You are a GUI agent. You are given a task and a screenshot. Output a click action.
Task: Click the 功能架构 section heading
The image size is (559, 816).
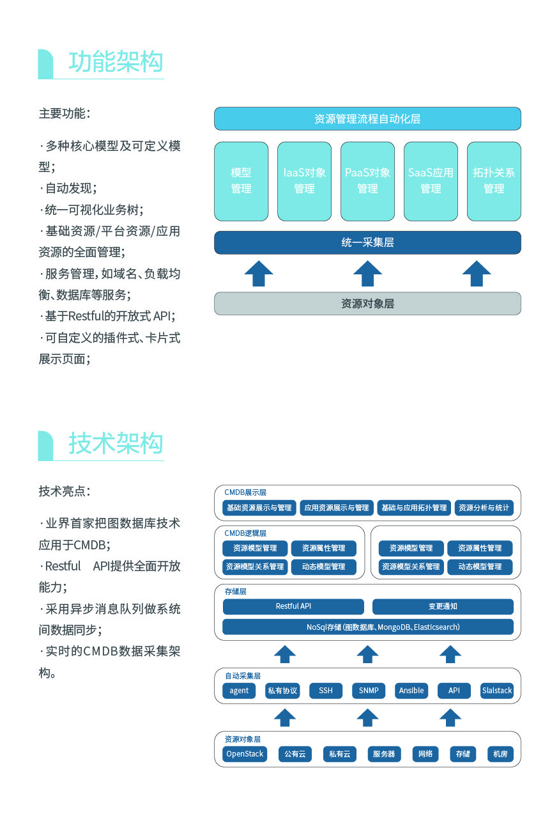pyautogui.click(x=116, y=62)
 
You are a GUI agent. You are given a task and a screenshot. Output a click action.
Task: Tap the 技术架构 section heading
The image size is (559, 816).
pyautogui.click(x=116, y=443)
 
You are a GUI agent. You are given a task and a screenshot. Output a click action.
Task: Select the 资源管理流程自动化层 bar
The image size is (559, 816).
pyautogui.click(x=367, y=119)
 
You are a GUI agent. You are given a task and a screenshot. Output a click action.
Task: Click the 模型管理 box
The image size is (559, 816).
pyautogui.click(x=241, y=181)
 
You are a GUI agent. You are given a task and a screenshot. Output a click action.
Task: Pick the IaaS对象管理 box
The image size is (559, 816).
pyautogui.click(x=304, y=181)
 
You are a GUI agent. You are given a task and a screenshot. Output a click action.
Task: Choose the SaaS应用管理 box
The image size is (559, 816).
pyautogui.click(x=431, y=181)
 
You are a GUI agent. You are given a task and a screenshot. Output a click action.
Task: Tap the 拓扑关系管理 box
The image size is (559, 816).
pyautogui.click(x=494, y=181)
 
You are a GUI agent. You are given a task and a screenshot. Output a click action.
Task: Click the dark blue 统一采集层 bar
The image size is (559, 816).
pyautogui.click(x=367, y=242)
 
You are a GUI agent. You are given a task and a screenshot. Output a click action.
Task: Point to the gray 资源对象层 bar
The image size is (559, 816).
pyautogui.click(x=367, y=304)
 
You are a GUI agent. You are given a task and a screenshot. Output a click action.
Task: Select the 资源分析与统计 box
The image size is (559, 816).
pyautogui.click(x=484, y=508)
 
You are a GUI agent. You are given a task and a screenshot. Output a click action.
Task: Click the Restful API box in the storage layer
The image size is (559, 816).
pyautogui.click(x=293, y=606)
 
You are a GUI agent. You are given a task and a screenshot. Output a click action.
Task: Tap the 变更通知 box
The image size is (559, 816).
pyautogui.click(x=443, y=606)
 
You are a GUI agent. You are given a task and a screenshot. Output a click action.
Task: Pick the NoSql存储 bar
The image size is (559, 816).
pyautogui.click(x=367, y=627)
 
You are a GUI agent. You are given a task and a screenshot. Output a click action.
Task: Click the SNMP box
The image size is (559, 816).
pyautogui.click(x=369, y=691)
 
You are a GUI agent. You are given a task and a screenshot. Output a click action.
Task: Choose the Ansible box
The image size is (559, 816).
pyautogui.click(x=411, y=691)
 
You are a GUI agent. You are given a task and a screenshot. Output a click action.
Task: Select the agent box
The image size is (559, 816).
pyautogui.click(x=239, y=691)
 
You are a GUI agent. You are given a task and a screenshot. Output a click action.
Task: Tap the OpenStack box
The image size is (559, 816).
pyautogui.click(x=245, y=754)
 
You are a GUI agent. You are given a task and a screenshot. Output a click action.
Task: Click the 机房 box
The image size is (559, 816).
pyautogui.click(x=500, y=754)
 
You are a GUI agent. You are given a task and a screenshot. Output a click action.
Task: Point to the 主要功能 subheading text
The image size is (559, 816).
pyautogui.click(x=64, y=114)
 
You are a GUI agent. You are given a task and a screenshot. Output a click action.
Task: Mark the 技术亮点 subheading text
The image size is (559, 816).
pyautogui.click(x=64, y=491)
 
